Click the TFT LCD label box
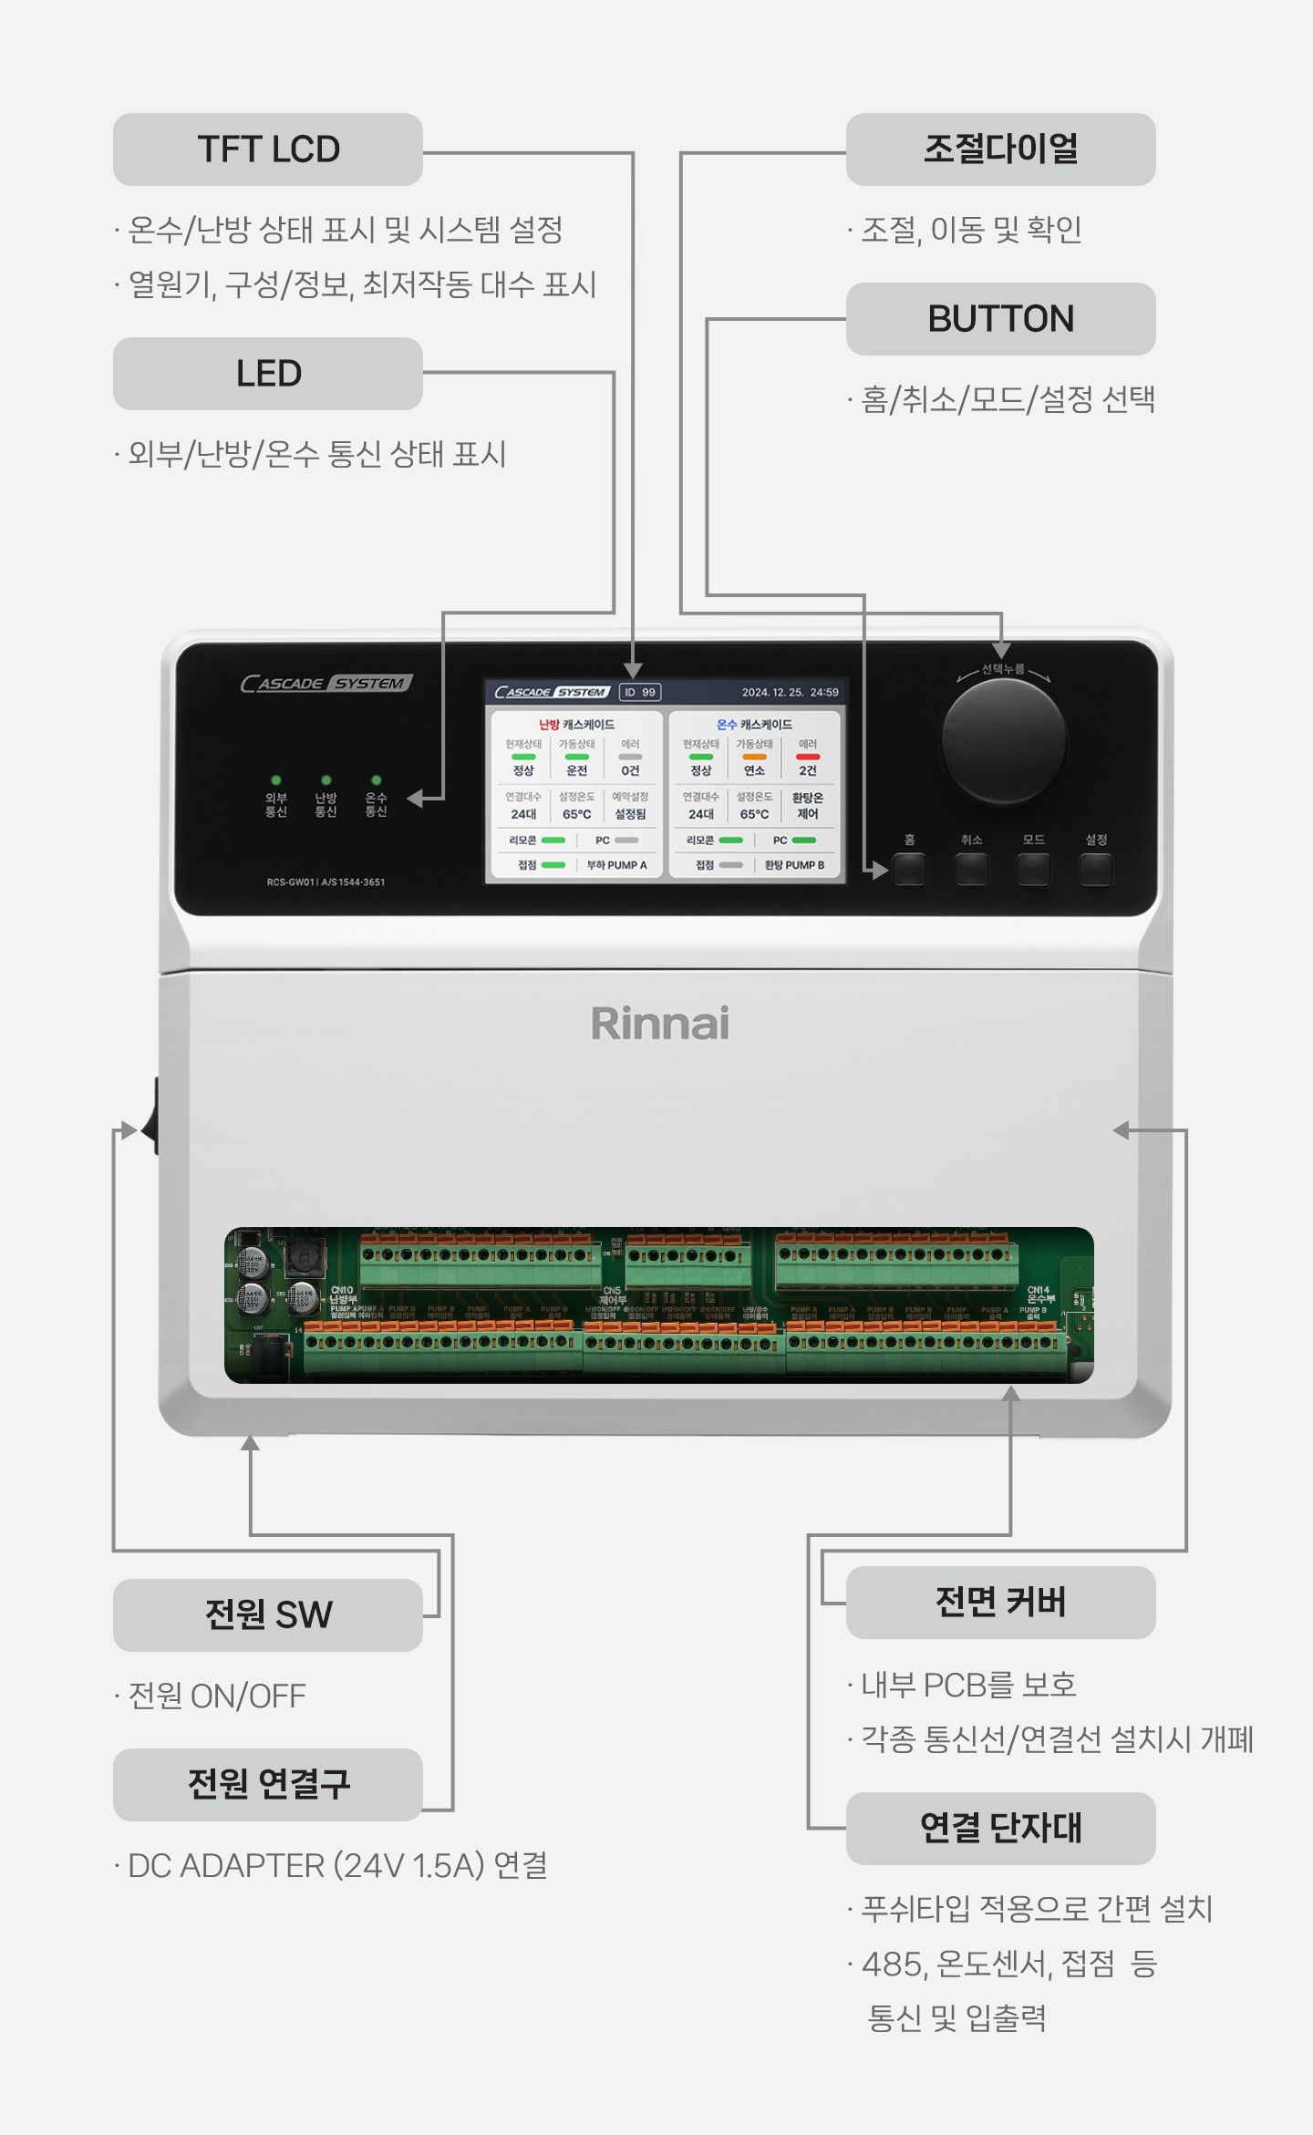click(267, 150)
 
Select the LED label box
click(267, 374)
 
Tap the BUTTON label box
click(1000, 319)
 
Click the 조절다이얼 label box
click(1000, 150)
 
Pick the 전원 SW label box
click(267, 1614)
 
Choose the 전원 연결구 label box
click(267, 1784)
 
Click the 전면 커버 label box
click(1000, 1602)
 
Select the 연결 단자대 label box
click(1000, 1828)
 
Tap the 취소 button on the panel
click(971, 870)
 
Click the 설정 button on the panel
click(1095, 870)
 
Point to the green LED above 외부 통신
click(276, 780)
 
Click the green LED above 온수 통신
click(376, 780)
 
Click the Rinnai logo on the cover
click(660, 1024)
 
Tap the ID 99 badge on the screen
click(639, 692)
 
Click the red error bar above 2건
click(808, 757)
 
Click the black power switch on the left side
click(151, 1117)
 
